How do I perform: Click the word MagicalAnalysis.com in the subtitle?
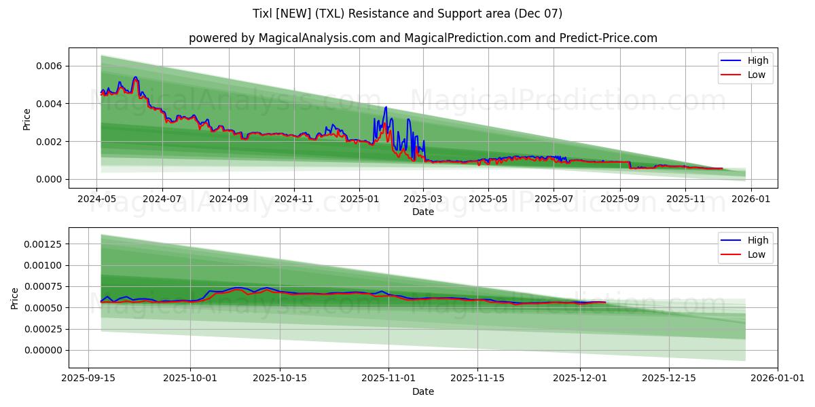pyautogui.click(x=317, y=38)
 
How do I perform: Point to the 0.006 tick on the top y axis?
pyautogui.click(x=50, y=66)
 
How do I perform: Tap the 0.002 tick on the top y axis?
pyautogui.click(x=50, y=141)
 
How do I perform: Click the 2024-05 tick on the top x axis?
pyautogui.click(x=96, y=199)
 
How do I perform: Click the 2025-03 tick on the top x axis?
pyautogui.click(x=423, y=199)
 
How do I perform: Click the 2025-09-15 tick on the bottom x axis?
pyautogui.click(x=88, y=379)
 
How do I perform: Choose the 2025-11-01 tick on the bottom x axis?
pyautogui.click(x=388, y=379)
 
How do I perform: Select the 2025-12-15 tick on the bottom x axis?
pyautogui.click(x=668, y=379)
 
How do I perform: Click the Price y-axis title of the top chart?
pyautogui.click(x=27, y=119)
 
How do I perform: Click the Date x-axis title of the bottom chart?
pyautogui.click(x=422, y=391)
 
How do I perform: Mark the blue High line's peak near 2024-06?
pyautogui.click(x=135, y=77)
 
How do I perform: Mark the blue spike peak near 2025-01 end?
pyautogui.click(x=386, y=107)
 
